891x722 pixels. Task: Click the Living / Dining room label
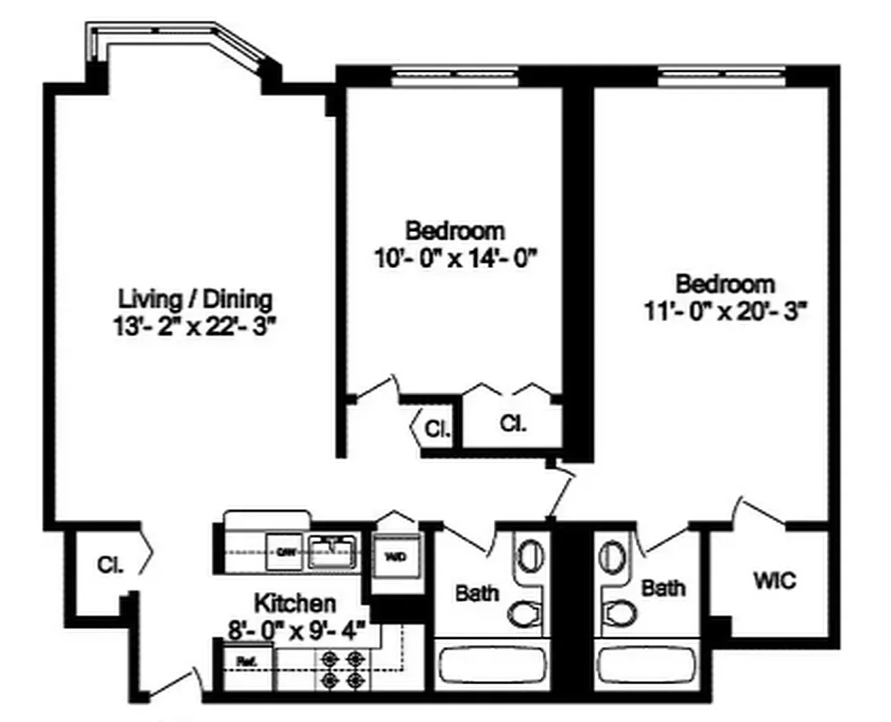[196, 299]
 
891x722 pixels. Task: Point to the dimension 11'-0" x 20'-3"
[725, 311]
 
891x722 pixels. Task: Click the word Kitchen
[295, 602]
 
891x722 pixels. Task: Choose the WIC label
[775, 580]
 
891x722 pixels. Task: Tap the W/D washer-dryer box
[395, 556]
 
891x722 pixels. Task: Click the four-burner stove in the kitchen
[344, 670]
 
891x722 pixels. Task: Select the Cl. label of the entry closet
[111, 564]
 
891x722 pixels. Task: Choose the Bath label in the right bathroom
[663, 588]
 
